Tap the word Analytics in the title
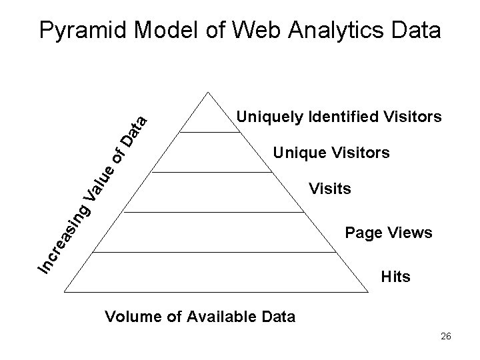(337, 30)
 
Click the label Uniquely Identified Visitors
(339, 118)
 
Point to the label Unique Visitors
(331, 154)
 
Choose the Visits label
(329, 189)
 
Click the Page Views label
(389, 233)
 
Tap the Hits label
(395, 276)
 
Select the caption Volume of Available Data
(200, 316)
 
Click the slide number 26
(445, 337)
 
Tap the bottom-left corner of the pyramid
(66, 291)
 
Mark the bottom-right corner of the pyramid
(369, 291)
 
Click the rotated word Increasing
(64, 239)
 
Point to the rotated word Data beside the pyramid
(134, 132)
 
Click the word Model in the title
(173, 30)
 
